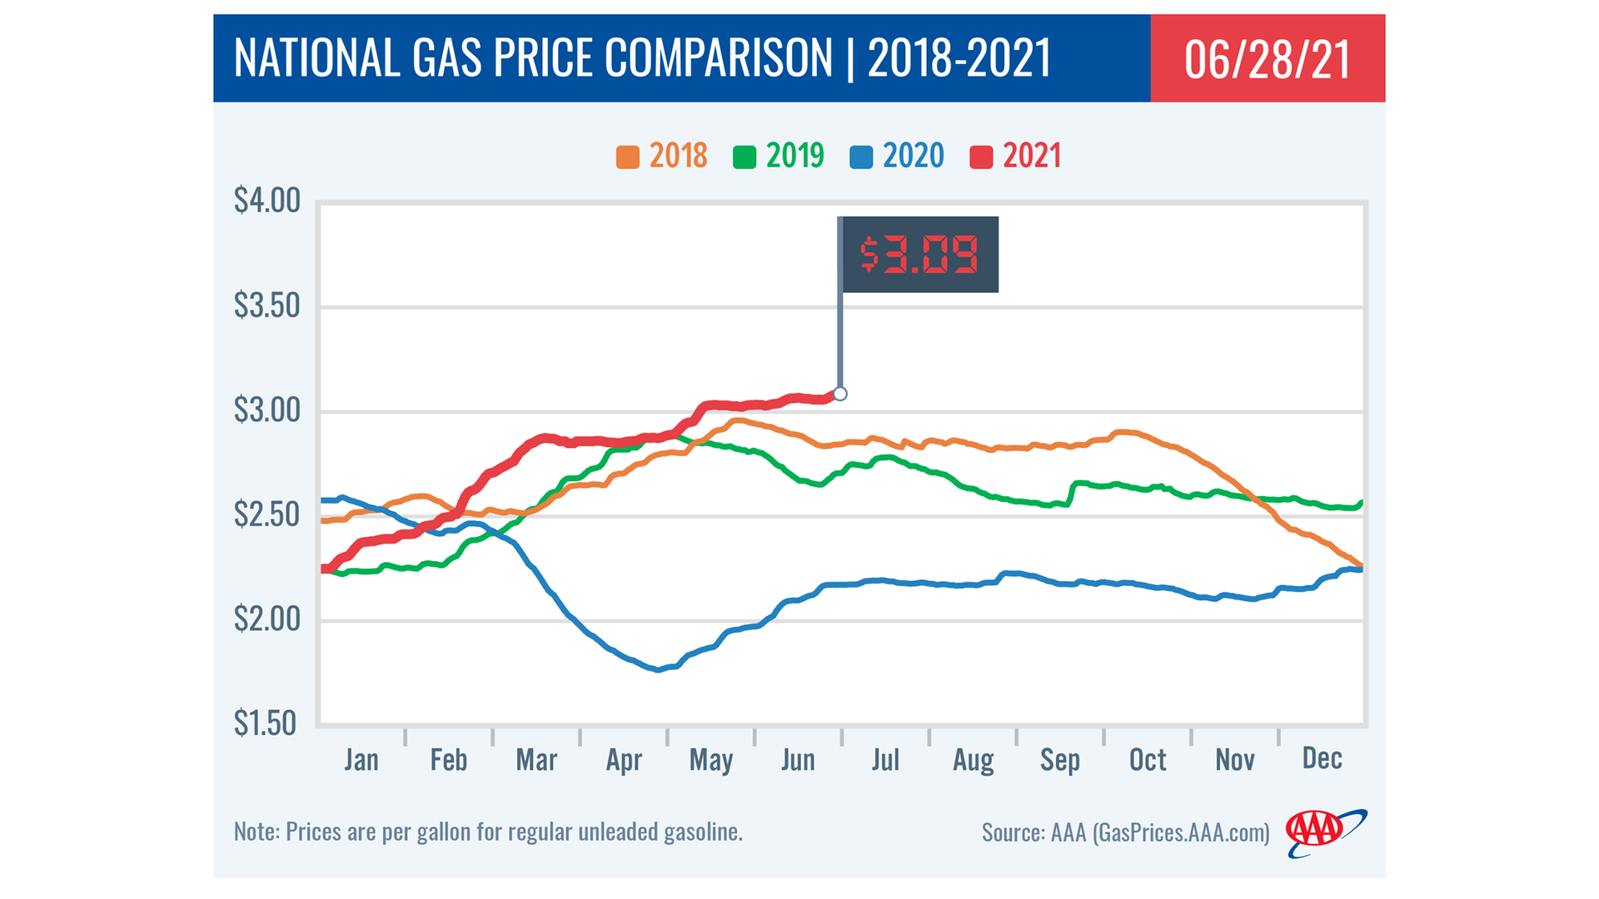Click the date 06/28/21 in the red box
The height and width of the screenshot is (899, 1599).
click(x=1267, y=59)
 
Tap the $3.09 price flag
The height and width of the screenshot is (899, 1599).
click(x=919, y=255)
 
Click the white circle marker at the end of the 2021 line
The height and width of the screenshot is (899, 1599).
click(x=840, y=394)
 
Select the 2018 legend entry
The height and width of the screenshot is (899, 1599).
click(x=662, y=156)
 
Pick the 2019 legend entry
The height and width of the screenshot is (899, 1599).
click(x=779, y=156)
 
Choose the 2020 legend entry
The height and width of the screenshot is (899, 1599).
click(x=897, y=156)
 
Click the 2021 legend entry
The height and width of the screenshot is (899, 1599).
click(x=1016, y=156)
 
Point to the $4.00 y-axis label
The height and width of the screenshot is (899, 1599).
click(x=266, y=201)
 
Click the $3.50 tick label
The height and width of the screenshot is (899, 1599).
click(x=266, y=305)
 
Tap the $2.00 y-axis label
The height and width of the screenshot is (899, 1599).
click(x=266, y=619)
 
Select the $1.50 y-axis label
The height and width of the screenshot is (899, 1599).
click(x=265, y=723)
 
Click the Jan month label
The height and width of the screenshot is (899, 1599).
click(x=361, y=759)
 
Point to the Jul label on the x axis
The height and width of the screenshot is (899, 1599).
click(x=885, y=759)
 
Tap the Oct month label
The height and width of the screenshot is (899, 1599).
click(x=1147, y=759)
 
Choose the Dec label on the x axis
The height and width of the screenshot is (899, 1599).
click(x=1322, y=758)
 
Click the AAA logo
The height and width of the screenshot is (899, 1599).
click(x=1324, y=832)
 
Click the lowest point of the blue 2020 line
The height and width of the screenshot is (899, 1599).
click(x=659, y=669)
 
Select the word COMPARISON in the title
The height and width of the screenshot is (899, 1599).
click(x=719, y=58)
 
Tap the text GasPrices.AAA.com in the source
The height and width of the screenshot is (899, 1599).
click(x=1181, y=832)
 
